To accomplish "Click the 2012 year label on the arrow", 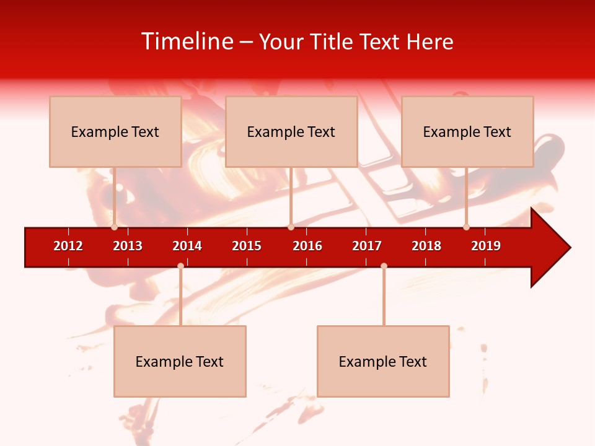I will (68, 246).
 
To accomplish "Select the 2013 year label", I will (128, 246).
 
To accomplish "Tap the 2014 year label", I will (187, 246).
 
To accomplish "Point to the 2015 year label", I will (247, 246).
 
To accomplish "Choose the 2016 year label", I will (307, 246).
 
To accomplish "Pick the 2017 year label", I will (367, 246).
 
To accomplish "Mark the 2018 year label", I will (426, 246).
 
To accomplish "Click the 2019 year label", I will (486, 246).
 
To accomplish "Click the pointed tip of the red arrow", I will (569, 248).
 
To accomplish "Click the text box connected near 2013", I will (115, 131).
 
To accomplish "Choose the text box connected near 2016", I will (291, 131).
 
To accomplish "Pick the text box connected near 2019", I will (467, 131).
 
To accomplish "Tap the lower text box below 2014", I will (180, 361).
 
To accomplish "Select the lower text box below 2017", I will (383, 361).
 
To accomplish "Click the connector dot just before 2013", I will (115, 227).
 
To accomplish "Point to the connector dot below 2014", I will (180, 266).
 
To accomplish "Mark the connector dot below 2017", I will (384, 266).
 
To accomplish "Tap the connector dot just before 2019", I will (466, 227).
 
